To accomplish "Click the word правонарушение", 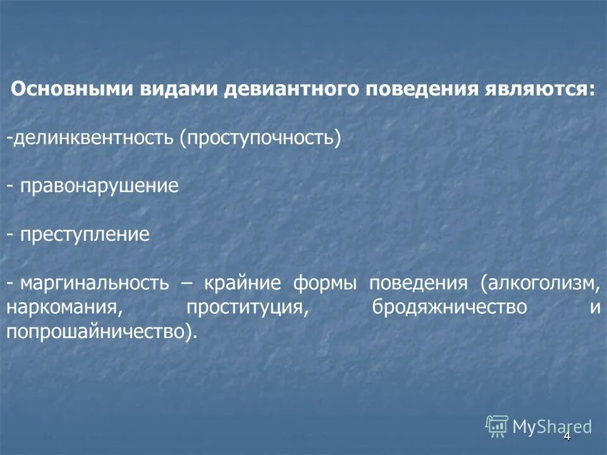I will click(99, 186).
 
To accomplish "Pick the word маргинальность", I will click(94, 283).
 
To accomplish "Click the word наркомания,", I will click(64, 308).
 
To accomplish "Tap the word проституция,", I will click(247, 308).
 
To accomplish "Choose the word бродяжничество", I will click(450, 308).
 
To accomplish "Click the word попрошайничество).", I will click(102, 332).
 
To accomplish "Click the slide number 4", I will click(567, 436).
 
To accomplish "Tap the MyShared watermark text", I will click(552, 427).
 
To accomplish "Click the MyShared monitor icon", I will click(497, 427).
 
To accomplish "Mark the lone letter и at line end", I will click(594, 308).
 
